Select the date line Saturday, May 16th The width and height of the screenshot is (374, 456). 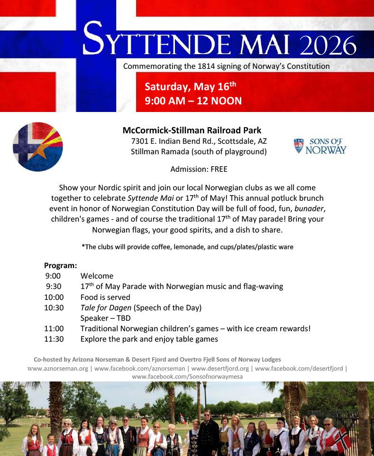(190, 87)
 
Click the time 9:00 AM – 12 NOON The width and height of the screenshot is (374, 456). (193, 101)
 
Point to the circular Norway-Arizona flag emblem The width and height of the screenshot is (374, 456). (37, 147)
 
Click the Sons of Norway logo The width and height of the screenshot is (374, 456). (320, 146)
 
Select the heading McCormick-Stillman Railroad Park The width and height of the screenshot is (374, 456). (192, 130)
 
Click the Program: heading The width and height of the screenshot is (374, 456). (60, 265)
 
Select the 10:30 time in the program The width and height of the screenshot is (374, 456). (54, 307)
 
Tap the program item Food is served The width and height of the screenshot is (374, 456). (105, 297)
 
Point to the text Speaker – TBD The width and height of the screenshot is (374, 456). (105, 318)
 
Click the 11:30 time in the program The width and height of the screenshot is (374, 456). (54, 339)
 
